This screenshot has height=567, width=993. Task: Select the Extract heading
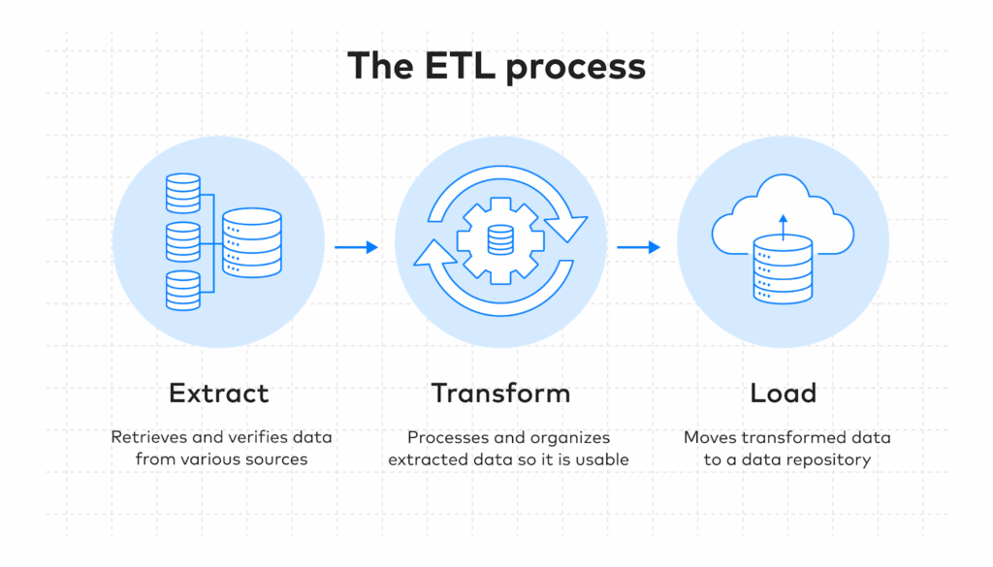tap(218, 393)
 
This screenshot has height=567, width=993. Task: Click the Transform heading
tap(500, 393)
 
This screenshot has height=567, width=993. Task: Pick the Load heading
tap(783, 393)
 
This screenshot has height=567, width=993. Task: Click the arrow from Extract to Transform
tap(356, 247)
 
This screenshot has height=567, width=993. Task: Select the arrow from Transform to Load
tap(638, 247)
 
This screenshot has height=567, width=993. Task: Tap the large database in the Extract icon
tap(252, 242)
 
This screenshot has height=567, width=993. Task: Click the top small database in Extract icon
tap(182, 193)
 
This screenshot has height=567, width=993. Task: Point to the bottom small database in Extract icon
tap(182, 290)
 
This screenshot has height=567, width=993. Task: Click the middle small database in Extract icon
tap(182, 241)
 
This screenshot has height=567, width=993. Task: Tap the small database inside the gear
tap(500, 237)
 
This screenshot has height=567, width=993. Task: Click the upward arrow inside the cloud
tap(783, 226)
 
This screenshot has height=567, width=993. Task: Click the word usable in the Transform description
tap(602, 459)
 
